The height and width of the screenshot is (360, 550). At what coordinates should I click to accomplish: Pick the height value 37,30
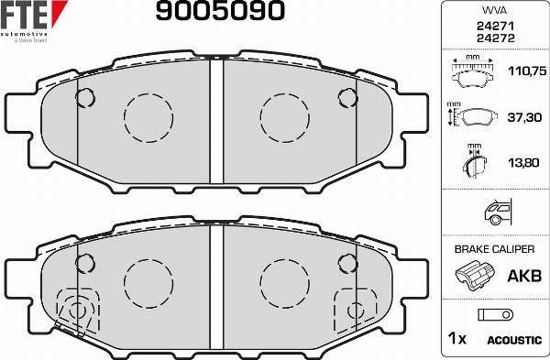[522, 116]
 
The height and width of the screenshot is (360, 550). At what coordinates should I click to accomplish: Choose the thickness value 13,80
[522, 162]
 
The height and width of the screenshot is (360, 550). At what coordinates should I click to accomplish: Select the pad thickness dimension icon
[473, 161]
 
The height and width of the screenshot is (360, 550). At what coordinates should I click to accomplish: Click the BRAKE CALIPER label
[495, 249]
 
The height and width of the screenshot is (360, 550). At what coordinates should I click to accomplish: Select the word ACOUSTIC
[513, 340]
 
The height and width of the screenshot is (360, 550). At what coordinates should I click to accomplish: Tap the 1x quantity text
[456, 340]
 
